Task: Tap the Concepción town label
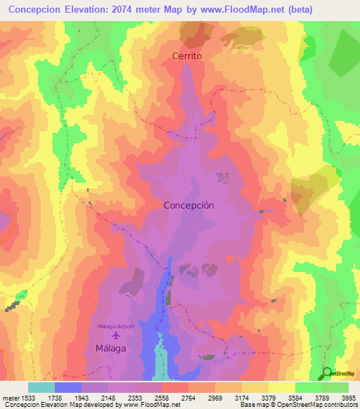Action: point(188,206)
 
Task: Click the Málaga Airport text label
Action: point(115,327)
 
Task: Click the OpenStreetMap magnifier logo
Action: point(328,373)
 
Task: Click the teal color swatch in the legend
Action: point(41,387)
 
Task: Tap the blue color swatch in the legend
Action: point(68,387)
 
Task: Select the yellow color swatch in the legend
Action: point(282,387)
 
